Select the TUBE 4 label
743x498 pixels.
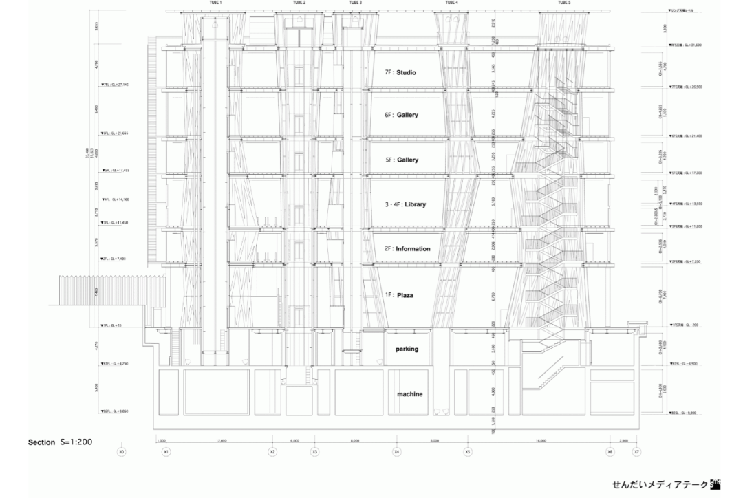[x=451, y=3]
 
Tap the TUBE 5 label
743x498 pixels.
[x=564, y=3]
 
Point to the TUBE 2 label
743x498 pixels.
[x=299, y=3]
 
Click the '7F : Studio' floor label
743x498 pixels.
[x=401, y=72]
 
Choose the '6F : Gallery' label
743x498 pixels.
[x=402, y=116]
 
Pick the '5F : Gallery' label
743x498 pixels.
[x=402, y=160]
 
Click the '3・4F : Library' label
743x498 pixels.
[x=406, y=205]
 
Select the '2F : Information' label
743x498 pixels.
[x=407, y=249]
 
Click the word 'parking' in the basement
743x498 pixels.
[x=407, y=349]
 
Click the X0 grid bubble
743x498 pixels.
[x=122, y=452]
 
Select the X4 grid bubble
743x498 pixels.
[x=396, y=452]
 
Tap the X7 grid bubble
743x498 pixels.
[x=636, y=452]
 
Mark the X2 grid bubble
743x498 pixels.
[x=272, y=452]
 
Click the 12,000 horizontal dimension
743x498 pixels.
[x=221, y=440]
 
